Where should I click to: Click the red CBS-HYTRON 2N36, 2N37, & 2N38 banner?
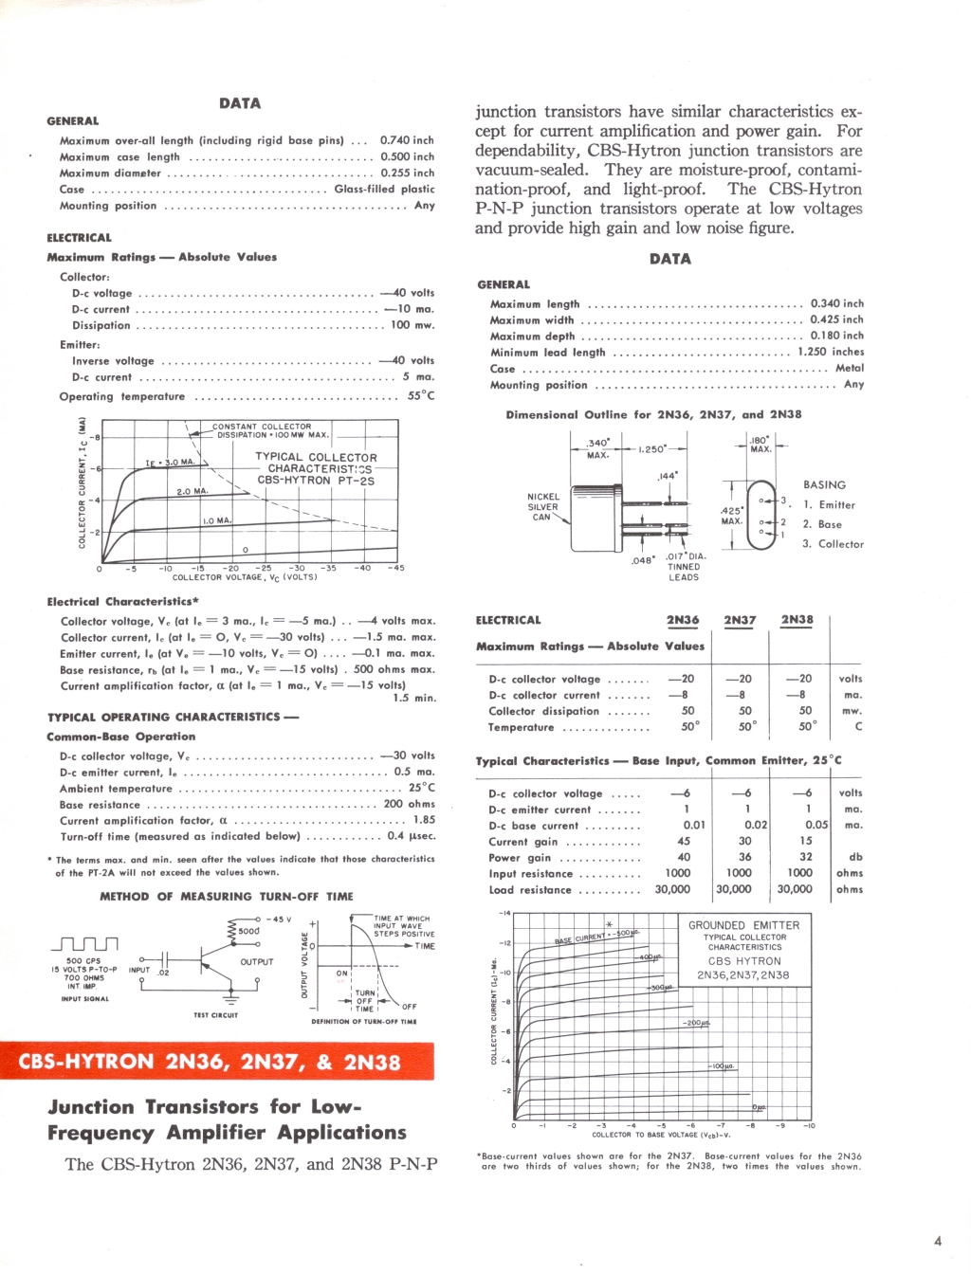[x=217, y=1062]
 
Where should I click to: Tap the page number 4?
[x=938, y=1241]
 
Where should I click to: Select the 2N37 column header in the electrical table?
[x=740, y=620]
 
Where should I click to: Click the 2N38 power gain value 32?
[x=805, y=857]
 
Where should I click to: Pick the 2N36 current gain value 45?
[x=684, y=841]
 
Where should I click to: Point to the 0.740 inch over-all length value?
[x=407, y=140]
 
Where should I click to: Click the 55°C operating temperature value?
[x=421, y=396]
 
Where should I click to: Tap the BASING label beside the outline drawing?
[x=824, y=484]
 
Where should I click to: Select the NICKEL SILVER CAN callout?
[x=543, y=506]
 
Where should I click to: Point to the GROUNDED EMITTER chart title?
[x=744, y=925]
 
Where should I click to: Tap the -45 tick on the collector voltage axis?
[x=395, y=569]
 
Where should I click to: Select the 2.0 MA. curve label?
[x=192, y=492]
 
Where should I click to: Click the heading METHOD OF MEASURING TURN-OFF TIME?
[x=227, y=896]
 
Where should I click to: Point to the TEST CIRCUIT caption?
[x=216, y=1015]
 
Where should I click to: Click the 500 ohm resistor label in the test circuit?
[x=249, y=931]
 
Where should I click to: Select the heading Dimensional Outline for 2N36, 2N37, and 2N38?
[x=653, y=414]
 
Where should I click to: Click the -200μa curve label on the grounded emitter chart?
[x=696, y=1023]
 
